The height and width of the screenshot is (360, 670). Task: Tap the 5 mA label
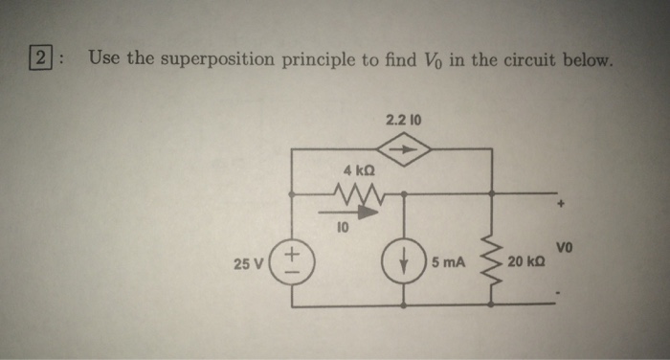(x=447, y=261)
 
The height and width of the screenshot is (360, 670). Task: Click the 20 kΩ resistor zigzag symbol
(x=493, y=260)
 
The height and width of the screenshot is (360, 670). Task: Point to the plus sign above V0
(x=564, y=204)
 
